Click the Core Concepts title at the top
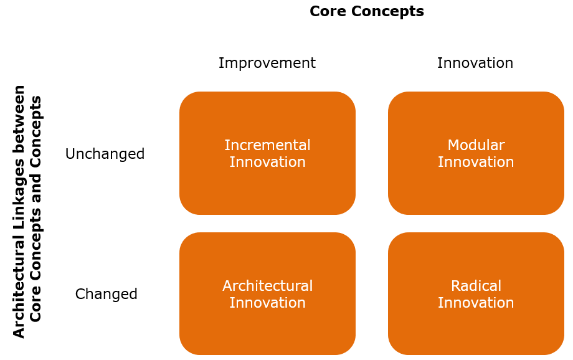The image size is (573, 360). (366, 11)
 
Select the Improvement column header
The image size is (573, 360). (267, 63)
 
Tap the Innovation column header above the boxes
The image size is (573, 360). (475, 63)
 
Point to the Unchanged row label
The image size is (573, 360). (105, 154)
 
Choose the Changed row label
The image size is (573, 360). (106, 294)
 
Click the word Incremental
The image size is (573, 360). (267, 145)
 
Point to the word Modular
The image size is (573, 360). (476, 145)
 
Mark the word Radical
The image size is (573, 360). (476, 286)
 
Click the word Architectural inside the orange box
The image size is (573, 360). (267, 286)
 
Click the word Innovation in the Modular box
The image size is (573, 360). (476, 162)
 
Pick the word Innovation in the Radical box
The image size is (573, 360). (476, 303)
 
